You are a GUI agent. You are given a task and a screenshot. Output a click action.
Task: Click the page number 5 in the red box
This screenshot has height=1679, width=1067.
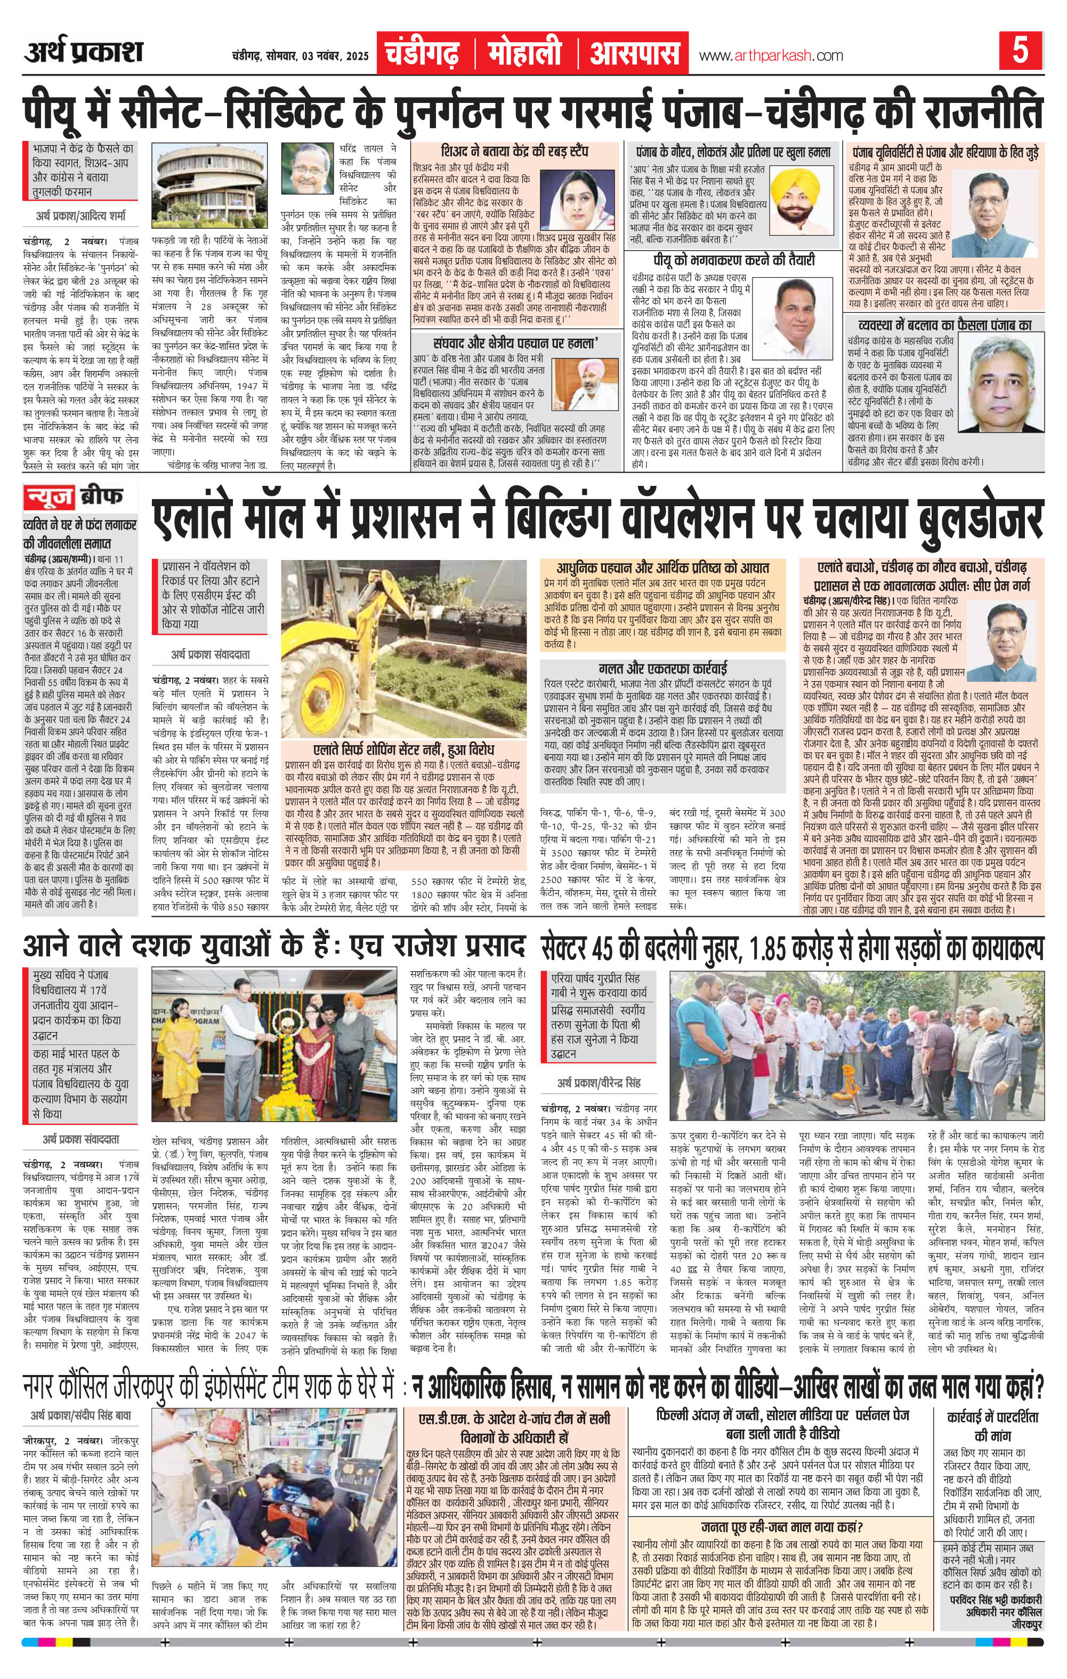1020,52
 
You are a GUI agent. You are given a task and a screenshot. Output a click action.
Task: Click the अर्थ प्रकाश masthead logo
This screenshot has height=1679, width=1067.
83,52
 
